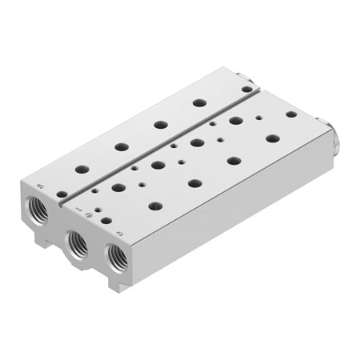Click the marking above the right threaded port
click(x=118, y=234)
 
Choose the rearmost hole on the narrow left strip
click(x=199, y=103)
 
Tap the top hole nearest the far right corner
click(x=291, y=114)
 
